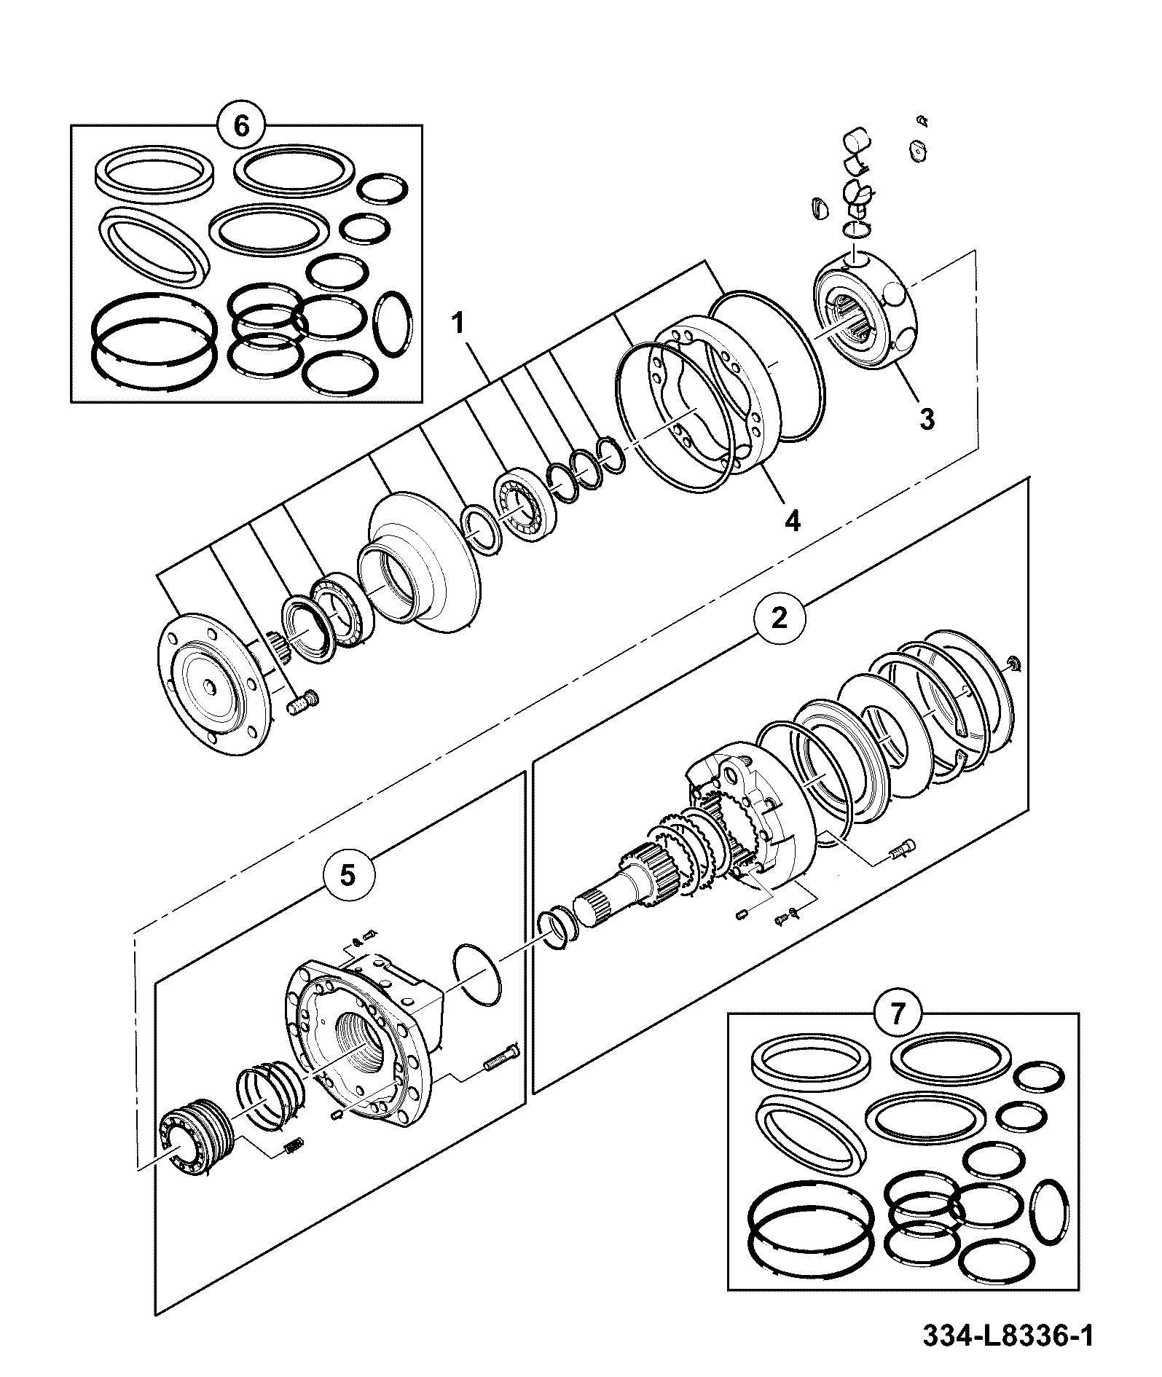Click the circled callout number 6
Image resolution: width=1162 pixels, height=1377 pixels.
tap(241, 125)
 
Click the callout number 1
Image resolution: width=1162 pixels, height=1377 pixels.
tap(458, 323)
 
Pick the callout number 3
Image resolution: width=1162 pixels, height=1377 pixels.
tap(926, 420)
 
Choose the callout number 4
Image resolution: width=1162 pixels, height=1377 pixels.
tap(792, 521)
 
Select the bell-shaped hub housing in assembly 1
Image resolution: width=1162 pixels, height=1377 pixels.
tap(420, 558)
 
